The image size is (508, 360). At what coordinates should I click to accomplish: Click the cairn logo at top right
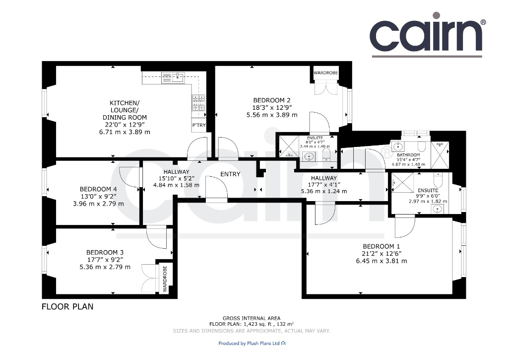pyautogui.click(x=428, y=35)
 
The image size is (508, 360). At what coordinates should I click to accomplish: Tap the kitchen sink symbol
pyautogui.click(x=173, y=77)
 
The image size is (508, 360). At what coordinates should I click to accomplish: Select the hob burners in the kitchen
pyautogui.click(x=198, y=102)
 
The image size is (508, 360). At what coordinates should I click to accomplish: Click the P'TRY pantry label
pyautogui.click(x=199, y=125)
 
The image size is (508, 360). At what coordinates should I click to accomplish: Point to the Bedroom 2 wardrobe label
pyautogui.click(x=325, y=72)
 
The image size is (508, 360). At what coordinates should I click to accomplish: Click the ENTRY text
pyautogui.click(x=230, y=174)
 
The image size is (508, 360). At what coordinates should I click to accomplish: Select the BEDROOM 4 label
pyautogui.click(x=99, y=189)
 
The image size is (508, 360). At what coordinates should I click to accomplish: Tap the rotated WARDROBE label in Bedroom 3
pyautogui.click(x=165, y=279)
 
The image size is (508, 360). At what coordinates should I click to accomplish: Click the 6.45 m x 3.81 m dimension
pyautogui.click(x=381, y=261)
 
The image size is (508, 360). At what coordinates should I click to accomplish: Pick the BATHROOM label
pyautogui.click(x=408, y=155)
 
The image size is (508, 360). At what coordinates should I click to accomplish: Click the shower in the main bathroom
pyautogui.click(x=440, y=155)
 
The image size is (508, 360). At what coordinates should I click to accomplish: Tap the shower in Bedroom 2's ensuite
pyautogui.click(x=289, y=147)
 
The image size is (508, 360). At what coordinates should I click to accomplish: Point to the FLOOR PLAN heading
pyautogui.click(x=67, y=306)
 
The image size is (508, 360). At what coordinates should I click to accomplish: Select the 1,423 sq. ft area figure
pyautogui.click(x=256, y=324)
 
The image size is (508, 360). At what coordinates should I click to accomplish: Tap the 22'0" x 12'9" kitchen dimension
pyautogui.click(x=125, y=125)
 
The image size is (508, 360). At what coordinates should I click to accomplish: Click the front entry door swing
pyautogui.click(x=217, y=188)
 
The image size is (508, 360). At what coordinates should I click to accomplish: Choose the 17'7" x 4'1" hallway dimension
pyautogui.click(x=324, y=185)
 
